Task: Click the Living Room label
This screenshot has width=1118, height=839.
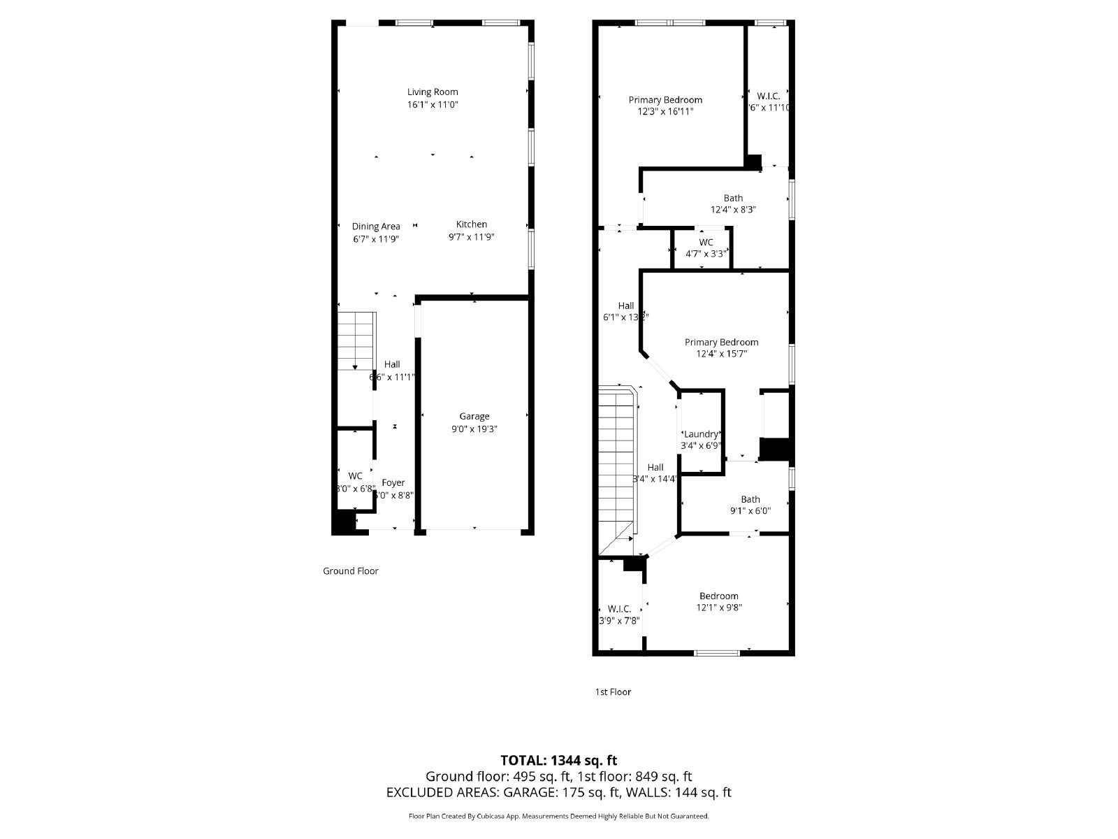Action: coord(433,92)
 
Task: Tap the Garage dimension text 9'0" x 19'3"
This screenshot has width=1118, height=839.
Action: coord(474,429)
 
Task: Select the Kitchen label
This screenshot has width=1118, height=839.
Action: coord(472,224)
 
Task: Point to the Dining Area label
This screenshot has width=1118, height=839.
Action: coord(376,227)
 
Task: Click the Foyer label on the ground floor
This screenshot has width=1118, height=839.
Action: coord(393,483)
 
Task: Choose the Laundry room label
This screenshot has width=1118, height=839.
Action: coord(701,434)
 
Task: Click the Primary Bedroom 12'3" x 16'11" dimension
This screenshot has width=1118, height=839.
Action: coord(665,111)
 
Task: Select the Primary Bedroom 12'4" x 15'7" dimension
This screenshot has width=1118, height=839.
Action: coord(721,354)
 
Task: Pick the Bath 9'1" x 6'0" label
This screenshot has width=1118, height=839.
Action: coord(750,499)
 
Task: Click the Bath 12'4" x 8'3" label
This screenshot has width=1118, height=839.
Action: coord(733,199)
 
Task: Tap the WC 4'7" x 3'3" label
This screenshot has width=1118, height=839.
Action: coord(706,243)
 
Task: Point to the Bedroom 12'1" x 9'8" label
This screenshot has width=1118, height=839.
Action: coord(718,596)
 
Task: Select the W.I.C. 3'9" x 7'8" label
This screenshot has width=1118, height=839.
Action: coord(619,609)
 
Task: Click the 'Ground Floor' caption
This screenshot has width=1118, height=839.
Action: coord(351,571)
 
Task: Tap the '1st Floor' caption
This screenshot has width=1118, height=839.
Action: coord(613,692)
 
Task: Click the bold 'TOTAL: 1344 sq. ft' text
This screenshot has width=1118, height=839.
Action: coord(559,760)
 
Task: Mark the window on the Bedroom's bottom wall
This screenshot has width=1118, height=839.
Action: coord(717,653)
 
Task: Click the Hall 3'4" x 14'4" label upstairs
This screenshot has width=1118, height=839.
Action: coord(655,468)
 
